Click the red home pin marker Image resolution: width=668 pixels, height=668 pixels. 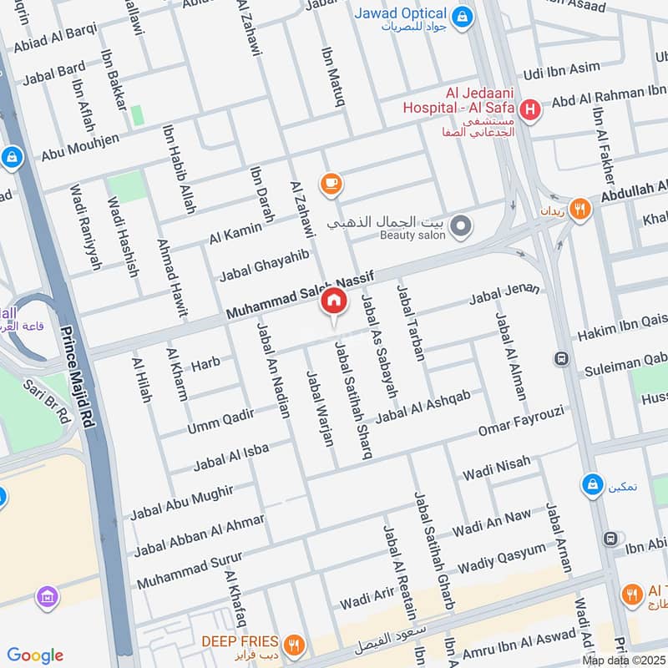point(333,301)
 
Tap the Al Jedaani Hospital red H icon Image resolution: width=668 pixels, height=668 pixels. point(529,109)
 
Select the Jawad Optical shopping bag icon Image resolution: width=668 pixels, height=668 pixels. point(460,15)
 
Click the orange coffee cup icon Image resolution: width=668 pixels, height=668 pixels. point(331,183)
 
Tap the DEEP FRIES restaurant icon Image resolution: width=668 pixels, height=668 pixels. point(292,644)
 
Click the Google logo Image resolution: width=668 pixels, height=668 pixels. point(35,655)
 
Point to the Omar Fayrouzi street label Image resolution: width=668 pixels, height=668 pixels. point(521,421)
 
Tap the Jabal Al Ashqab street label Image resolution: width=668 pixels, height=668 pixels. point(423,405)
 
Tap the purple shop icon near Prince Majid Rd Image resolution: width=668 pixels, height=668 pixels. point(48,596)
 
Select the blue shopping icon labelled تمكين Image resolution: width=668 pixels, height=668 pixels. point(592,484)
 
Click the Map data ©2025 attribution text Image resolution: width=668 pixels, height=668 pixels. point(624,660)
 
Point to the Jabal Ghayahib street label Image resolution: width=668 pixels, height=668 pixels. point(264,264)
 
